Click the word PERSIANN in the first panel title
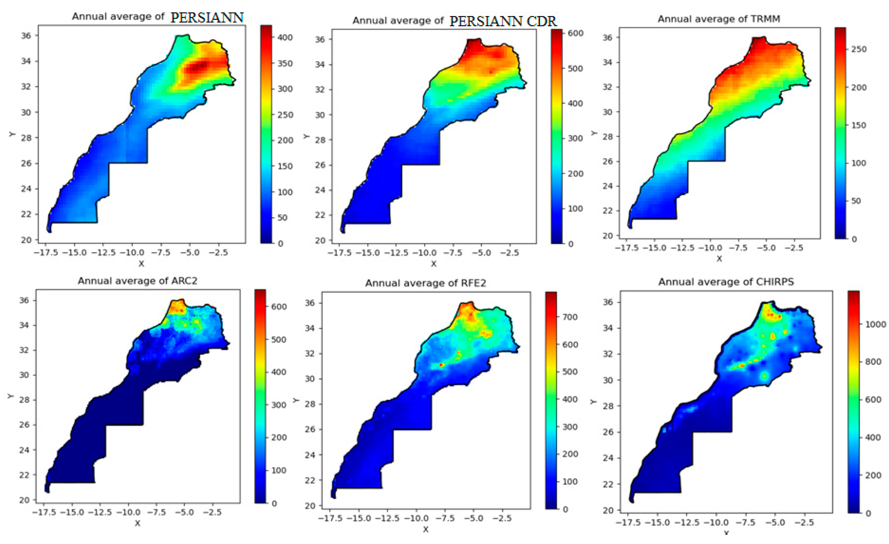click(207, 17)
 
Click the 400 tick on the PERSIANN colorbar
click(284, 38)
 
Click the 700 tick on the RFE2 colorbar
click(570, 317)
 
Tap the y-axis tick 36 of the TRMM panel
click(608, 38)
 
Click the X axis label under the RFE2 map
click(426, 529)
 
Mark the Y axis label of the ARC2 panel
click(11, 396)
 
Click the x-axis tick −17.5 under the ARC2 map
click(43, 512)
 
